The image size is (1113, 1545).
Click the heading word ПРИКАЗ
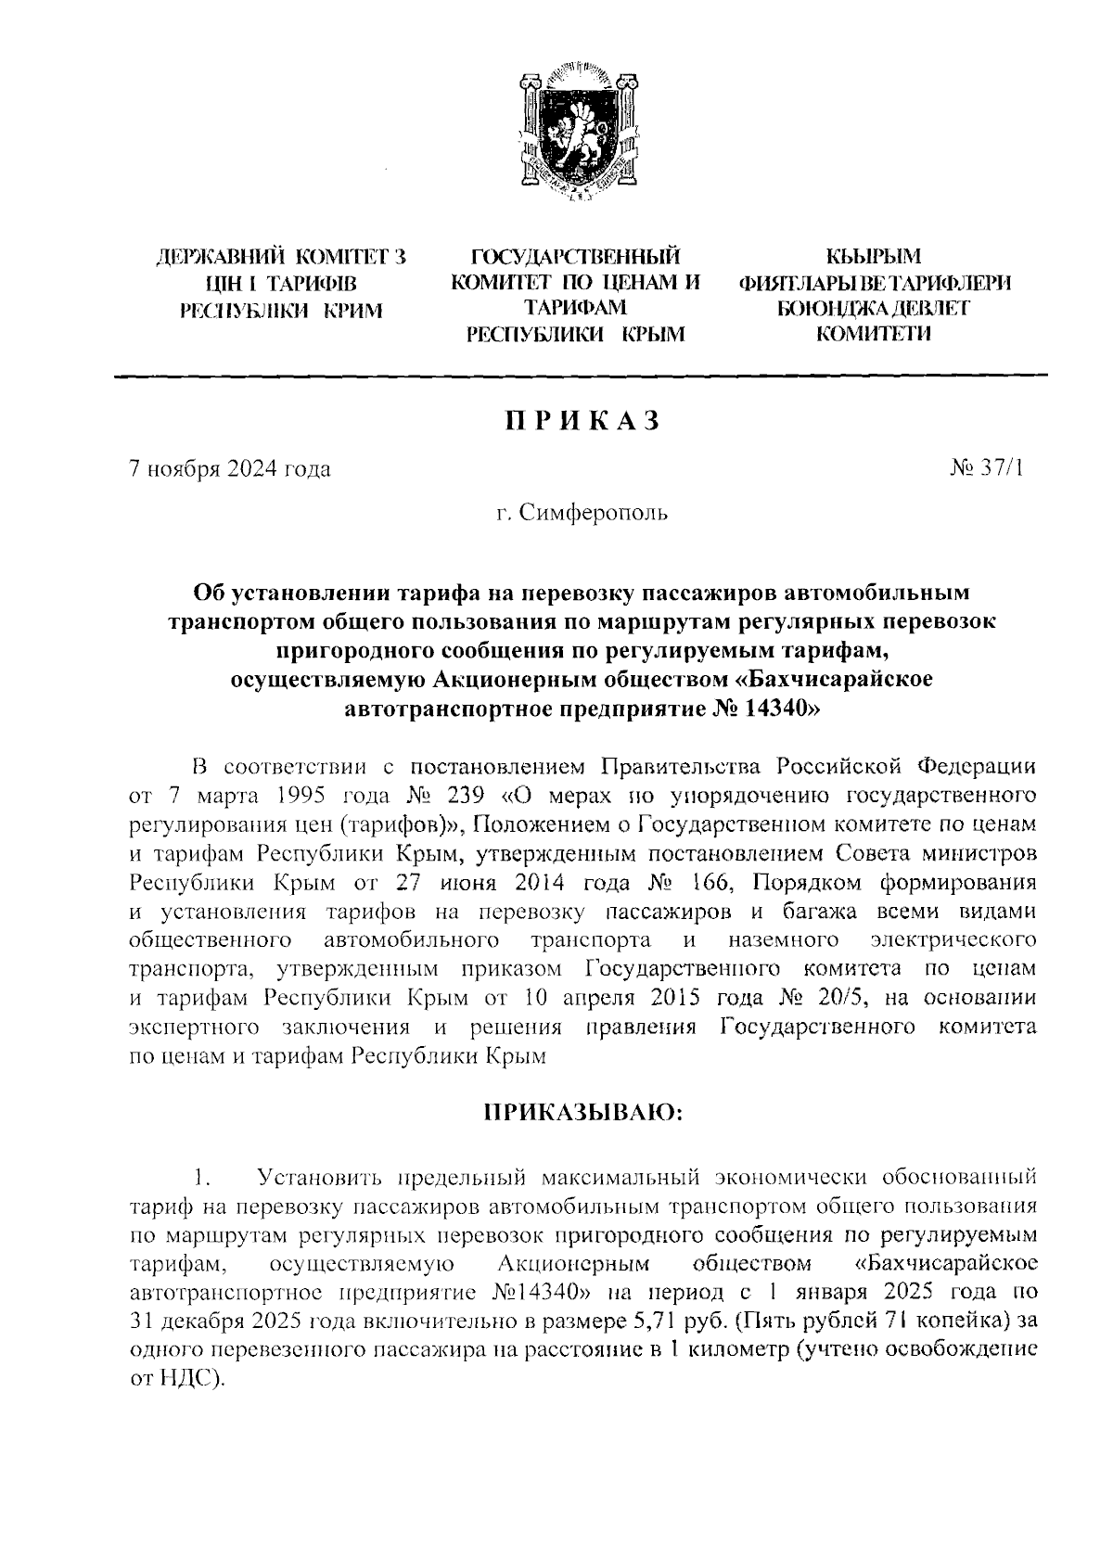(582, 421)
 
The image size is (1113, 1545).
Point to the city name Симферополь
(594, 512)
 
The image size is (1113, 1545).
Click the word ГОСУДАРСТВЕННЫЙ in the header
(575, 257)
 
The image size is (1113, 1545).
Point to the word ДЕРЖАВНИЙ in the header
(220, 257)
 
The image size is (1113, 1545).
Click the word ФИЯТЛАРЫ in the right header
(800, 283)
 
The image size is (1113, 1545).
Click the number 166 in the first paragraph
(710, 878)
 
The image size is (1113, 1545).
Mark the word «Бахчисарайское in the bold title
(833, 680)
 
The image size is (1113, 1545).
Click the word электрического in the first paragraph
(954, 940)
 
